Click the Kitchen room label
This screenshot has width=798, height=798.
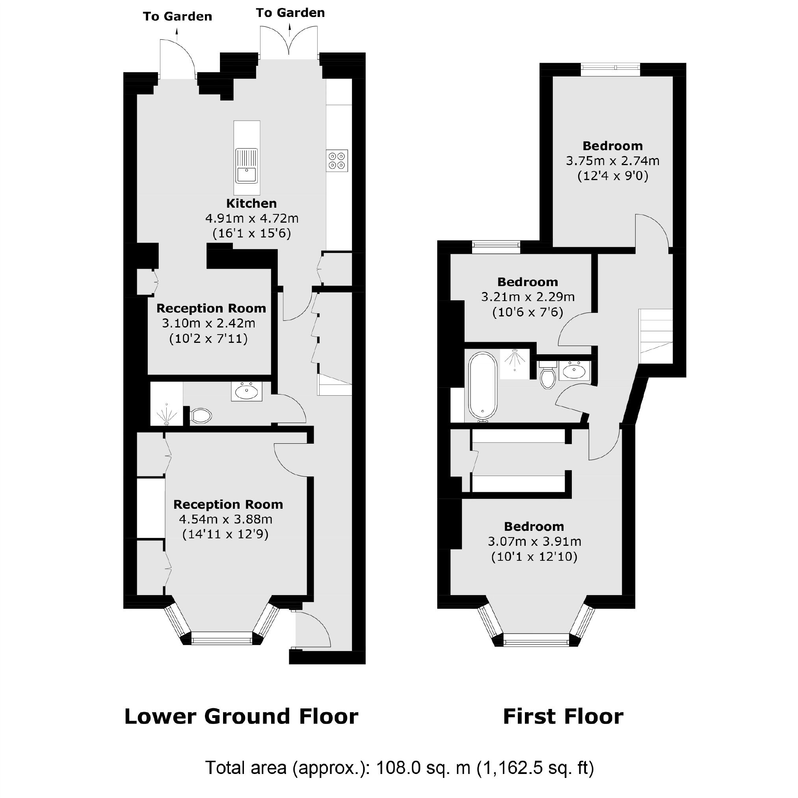[x=251, y=203]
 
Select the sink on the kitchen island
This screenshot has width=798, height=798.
[x=247, y=166]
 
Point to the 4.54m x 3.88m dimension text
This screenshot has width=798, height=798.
[x=225, y=519]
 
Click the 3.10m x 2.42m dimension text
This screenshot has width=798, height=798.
[x=208, y=323]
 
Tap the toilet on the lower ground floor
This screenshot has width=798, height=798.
[x=201, y=415]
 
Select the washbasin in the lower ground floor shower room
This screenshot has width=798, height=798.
[x=247, y=391]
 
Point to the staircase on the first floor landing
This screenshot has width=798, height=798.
[x=656, y=336]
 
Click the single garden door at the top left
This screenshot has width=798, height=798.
[x=178, y=59]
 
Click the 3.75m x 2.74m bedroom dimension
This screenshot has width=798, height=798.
[x=612, y=161]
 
